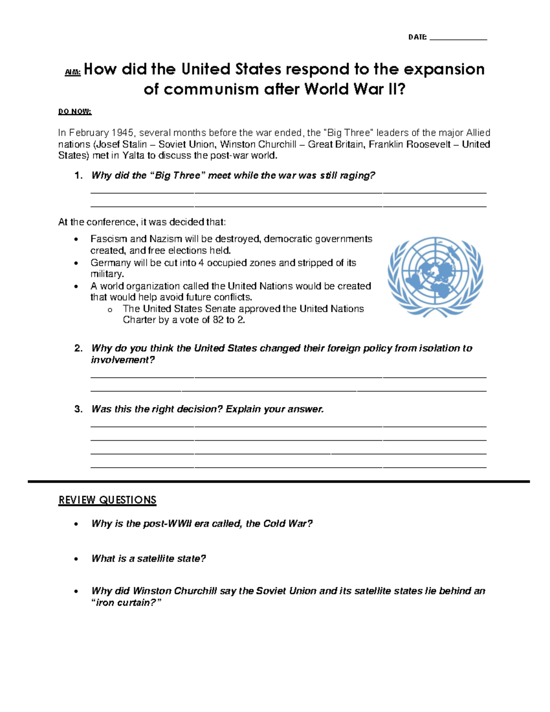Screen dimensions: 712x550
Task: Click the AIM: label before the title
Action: pyautogui.click(x=72, y=72)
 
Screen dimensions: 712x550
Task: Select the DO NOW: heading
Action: pyautogui.click(x=75, y=111)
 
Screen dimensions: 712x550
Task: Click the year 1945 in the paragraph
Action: pyautogui.click(x=122, y=133)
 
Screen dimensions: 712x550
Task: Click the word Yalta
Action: pyautogui.click(x=133, y=155)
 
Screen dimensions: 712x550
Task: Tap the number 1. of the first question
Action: pyautogui.click(x=78, y=176)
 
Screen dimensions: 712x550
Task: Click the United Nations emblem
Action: pyautogui.click(x=435, y=276)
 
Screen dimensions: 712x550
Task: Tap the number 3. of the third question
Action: pyautogui.click(x=78, y=409)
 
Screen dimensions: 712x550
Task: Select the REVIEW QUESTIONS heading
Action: pyautogui.click(x=107, y=500)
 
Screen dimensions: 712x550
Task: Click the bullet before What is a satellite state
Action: pyautogui.click(x=76, y=559)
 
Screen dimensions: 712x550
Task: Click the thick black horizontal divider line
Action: pyautogui.click(x=279, y=481)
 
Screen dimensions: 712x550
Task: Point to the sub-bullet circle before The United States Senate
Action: pyautogui.click(x=110, y=310)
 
